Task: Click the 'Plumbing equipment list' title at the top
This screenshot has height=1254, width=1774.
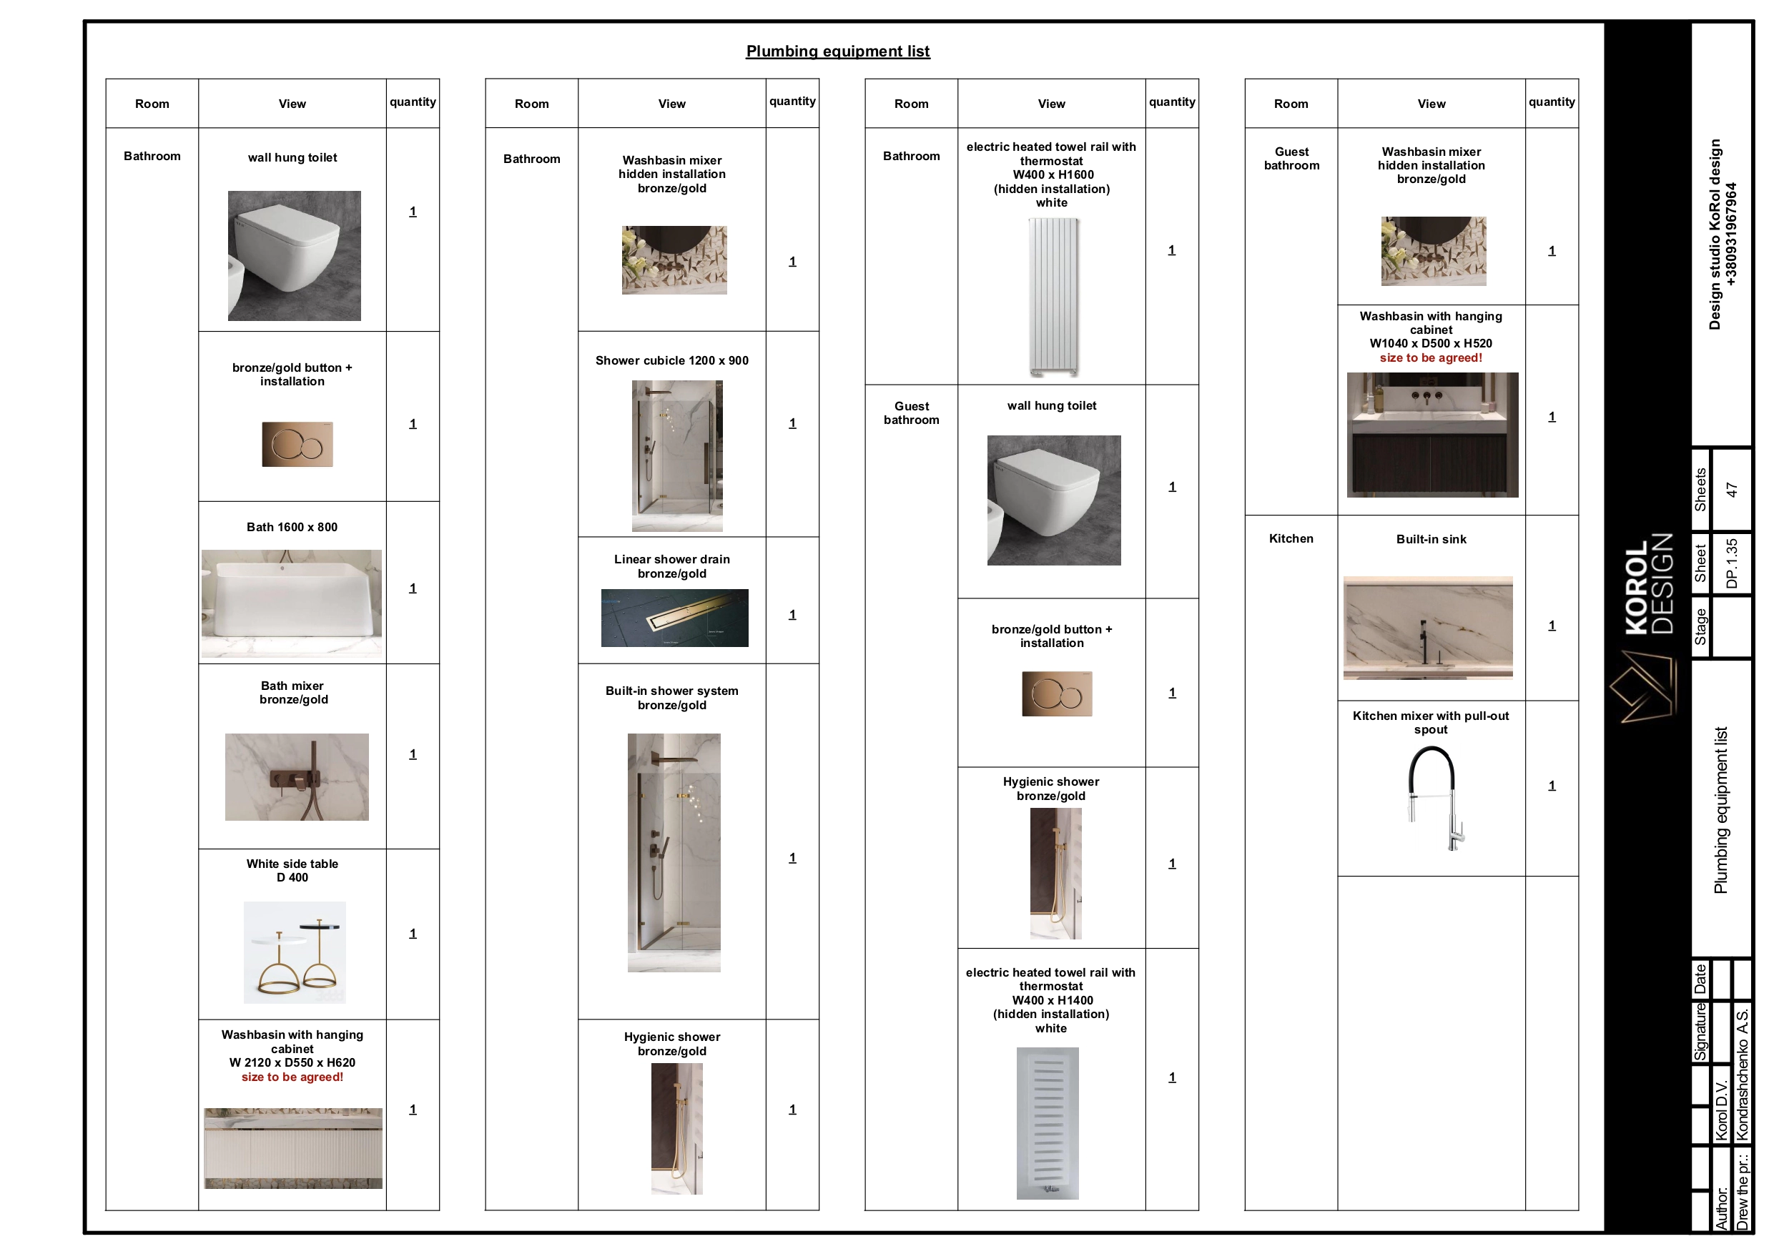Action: click(x=837, y=51)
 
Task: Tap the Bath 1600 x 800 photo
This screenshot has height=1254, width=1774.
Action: click(x=291, y=603)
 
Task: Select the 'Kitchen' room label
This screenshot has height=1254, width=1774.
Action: click(x=1291, y=538)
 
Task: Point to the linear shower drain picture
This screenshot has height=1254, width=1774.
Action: click(x=674, y=618)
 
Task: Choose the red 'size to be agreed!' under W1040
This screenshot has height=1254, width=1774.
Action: click(x=1431, y=357)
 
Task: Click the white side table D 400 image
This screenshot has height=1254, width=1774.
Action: click(x=295, y=952)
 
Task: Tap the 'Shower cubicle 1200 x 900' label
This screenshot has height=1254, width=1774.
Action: click(x=672, y=360)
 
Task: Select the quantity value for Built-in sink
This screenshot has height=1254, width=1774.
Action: click(x=1552, y=625)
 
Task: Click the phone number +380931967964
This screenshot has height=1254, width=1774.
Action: click(x=1730, y=234)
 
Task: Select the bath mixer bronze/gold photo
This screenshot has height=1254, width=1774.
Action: click(x=297, y=776)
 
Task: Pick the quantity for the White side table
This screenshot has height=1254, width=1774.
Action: click(x=413, y=934)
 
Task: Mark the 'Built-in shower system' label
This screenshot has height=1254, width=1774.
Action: click(x=672, y=691)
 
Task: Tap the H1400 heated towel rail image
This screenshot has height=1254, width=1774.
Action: click(x=1048, y=1123)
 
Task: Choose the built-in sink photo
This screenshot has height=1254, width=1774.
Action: click(x=1428, y=628)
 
